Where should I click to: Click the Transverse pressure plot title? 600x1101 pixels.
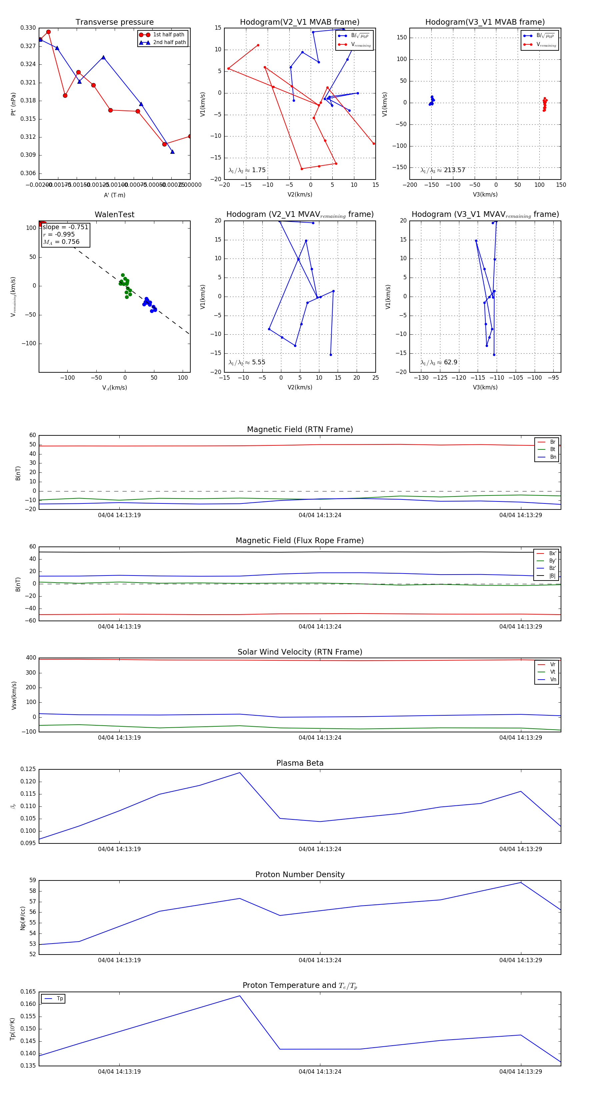114,22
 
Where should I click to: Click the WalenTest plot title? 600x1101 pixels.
114,215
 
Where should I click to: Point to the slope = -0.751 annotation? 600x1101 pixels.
65,227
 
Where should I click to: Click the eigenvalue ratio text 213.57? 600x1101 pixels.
454,170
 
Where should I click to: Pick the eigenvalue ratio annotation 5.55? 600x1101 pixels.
258,362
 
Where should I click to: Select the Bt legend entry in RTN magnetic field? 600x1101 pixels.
552,449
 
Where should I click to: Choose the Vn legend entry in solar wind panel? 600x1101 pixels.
553,680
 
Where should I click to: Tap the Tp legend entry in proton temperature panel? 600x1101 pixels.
59,999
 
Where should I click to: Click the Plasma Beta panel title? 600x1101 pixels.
300,763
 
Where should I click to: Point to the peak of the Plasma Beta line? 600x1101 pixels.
240,772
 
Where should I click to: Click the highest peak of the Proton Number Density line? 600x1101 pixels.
521,882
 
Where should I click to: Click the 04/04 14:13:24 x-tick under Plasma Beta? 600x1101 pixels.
320,849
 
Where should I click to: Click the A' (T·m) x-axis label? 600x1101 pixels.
114,195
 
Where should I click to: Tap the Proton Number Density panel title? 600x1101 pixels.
300,874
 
